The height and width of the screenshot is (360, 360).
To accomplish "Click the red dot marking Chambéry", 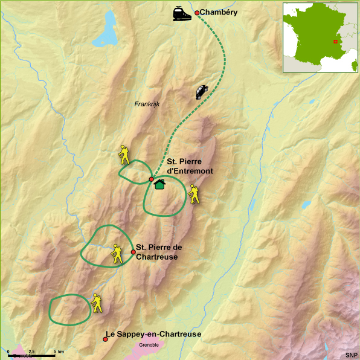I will click(197, 13).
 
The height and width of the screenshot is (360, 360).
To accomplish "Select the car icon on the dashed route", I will click(202, 92).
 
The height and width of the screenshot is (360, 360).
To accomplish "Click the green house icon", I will click(159, 184).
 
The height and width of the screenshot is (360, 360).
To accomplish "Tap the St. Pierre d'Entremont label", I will click(190, 166).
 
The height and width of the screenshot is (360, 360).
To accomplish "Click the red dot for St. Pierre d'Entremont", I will click(151, 179).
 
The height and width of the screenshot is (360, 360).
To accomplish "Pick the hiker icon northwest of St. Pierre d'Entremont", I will click(124, 155).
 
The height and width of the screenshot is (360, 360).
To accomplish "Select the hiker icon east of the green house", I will click(194, 194).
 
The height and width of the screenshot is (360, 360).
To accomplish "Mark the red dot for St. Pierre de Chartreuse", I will click(133, 252).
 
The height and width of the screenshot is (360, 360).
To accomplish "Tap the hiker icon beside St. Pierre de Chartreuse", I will click(116, 254).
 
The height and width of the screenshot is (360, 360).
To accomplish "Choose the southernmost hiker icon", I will click(97, 303).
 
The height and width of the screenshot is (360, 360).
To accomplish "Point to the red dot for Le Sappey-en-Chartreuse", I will click(106, 339).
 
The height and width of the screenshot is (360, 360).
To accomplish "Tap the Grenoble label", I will click(149, 345).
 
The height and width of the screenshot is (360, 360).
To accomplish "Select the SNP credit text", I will click(351, 355).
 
